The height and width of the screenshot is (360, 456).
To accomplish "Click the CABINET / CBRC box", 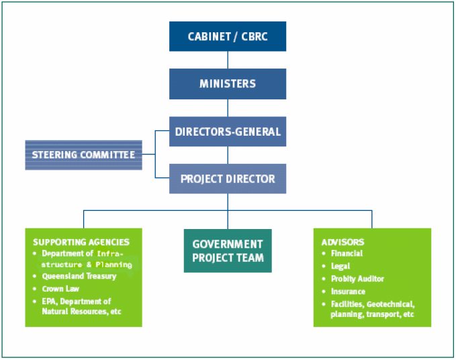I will pyautogui.click(x=228, y=36).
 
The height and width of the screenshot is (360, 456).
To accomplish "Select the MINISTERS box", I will pyautogui.click(x=228, y=84).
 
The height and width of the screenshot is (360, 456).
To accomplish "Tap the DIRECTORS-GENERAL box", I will pyautogui.click(x=228, y=132).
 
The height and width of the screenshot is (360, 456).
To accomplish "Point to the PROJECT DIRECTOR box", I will pyautogui.click(x=228, y=179).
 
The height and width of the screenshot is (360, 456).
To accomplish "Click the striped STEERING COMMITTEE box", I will pyautogui.click(x=83, y=155).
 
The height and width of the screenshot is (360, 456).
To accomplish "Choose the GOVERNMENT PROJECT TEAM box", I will pyautogui.click(x=228, y=251).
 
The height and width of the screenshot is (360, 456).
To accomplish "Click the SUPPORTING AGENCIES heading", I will pyautogui.click(x=81, y=242).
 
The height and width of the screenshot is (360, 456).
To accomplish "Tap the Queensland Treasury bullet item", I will pyautogui.click(x=79, y=276).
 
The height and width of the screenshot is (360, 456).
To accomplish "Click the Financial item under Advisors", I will pyautogui.click(x=347, y=253).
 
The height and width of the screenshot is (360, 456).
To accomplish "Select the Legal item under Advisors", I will pyautogui.click(x=340, y=266).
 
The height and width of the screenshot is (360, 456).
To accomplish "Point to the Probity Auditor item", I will pyautogui.click(x=357, y=279).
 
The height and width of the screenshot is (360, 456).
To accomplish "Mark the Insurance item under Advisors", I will pyautogui.click(x=348, y=291).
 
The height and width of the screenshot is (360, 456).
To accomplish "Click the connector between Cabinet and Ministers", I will pyautogui.click(x=228, y=60).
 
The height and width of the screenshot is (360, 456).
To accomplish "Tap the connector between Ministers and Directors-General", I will pyautogui.click(x=228, y=107).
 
